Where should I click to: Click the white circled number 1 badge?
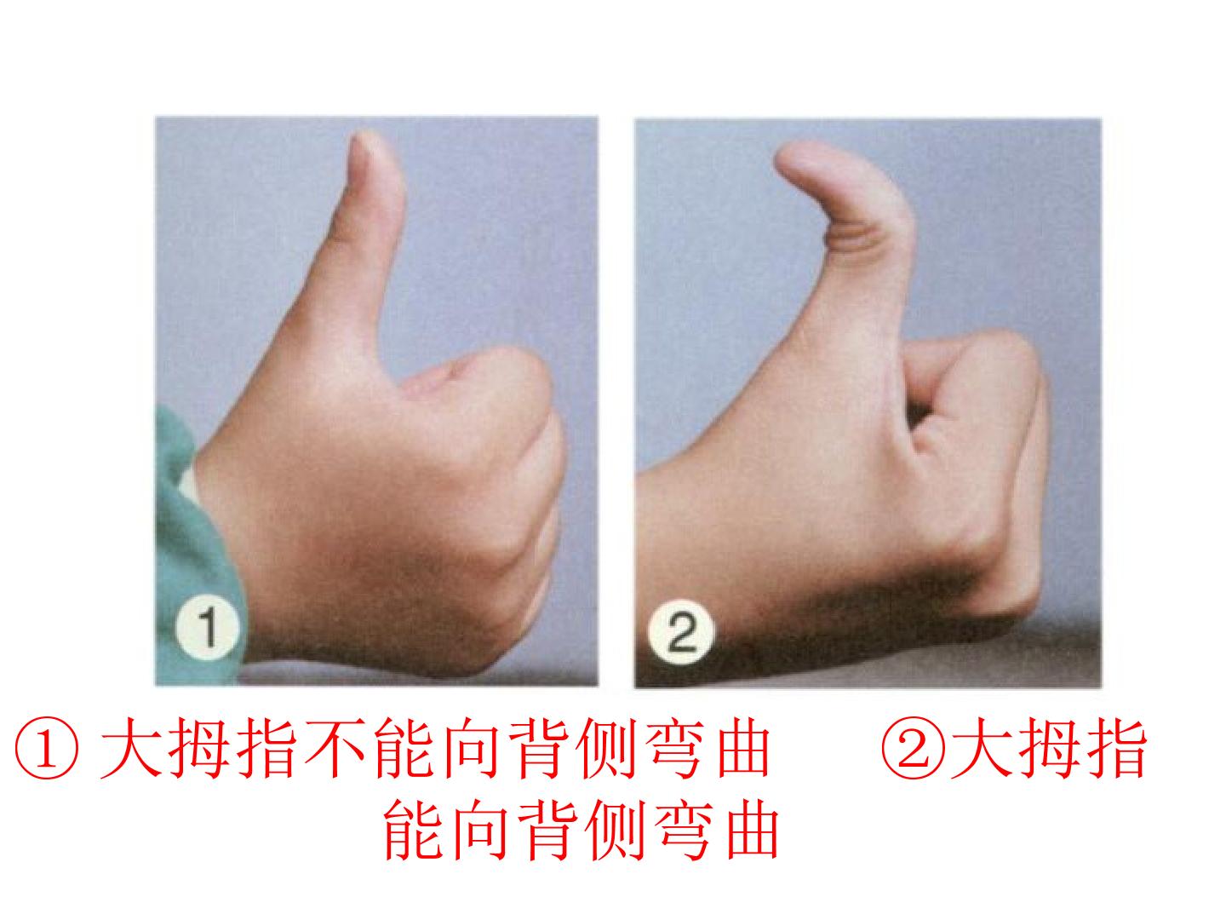208,628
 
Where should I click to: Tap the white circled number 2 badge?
681,632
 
